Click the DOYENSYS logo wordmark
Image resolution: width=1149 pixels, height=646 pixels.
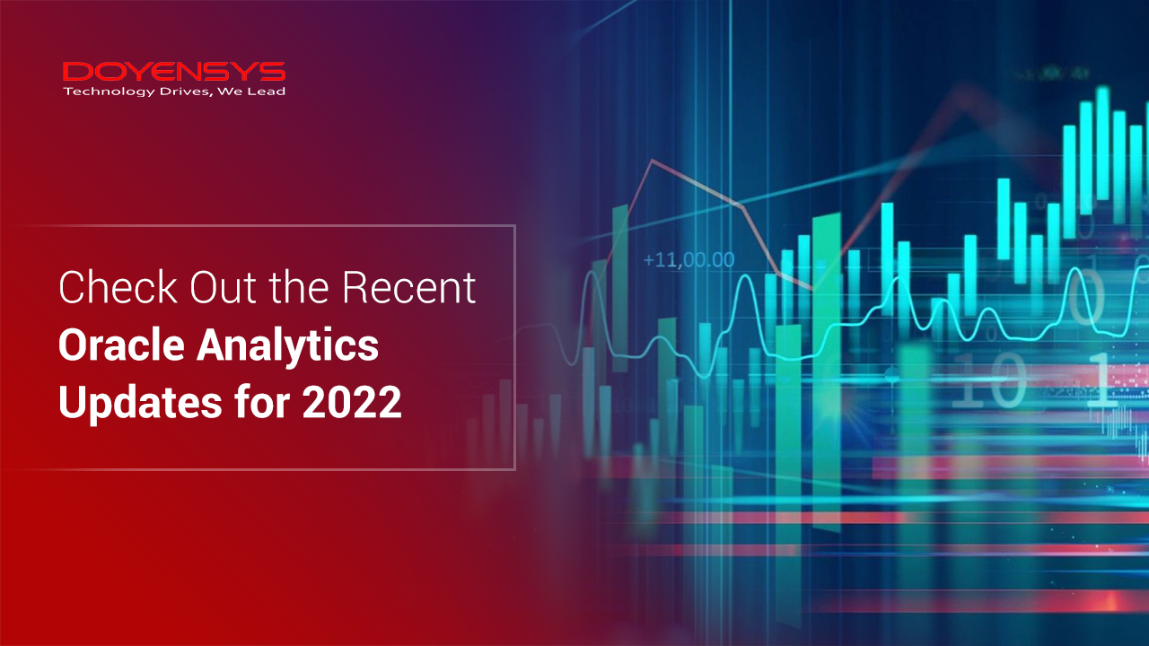(174, 72)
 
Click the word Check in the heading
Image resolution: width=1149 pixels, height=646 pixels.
(118, 287)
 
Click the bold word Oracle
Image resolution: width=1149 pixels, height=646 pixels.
(121, 345)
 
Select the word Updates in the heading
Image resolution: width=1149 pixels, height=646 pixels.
(140, 403)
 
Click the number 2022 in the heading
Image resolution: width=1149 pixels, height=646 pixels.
(352, 403)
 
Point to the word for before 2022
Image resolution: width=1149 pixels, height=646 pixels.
(262, 401)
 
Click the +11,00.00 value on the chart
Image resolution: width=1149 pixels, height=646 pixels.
(689, 260)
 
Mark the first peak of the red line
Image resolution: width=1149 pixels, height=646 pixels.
(653, 161)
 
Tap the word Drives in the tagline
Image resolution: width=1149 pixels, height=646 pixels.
(185, 92)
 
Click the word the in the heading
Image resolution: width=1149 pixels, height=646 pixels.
(299, 287)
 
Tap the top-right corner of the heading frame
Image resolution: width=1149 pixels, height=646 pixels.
(514, 225)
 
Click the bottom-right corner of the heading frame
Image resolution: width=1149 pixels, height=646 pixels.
(514, 468)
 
